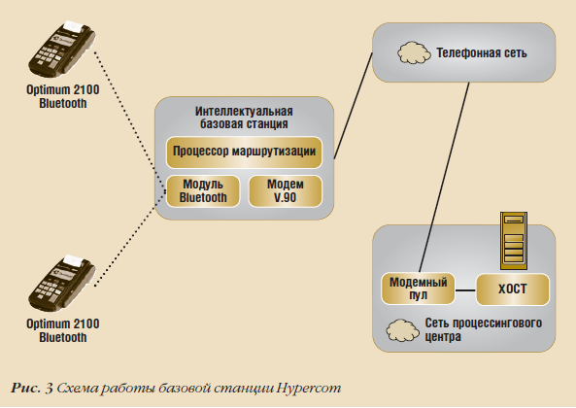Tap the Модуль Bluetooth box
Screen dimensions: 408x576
(x=203, y=190)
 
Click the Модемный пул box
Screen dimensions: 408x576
(x=417, y=289)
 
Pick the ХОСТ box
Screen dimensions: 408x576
(x=512, y=289)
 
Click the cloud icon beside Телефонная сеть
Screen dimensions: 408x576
(x=411, y=51)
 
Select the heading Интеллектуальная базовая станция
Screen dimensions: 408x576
(x=244, y=119)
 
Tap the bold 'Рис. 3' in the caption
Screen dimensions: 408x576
(x=33, y=389)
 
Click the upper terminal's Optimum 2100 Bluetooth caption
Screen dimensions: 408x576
(x=63, y=97)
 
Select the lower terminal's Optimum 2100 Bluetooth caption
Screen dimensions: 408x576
(x=63, y=330)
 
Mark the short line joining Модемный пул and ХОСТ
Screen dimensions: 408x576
(x=465, y=289)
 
